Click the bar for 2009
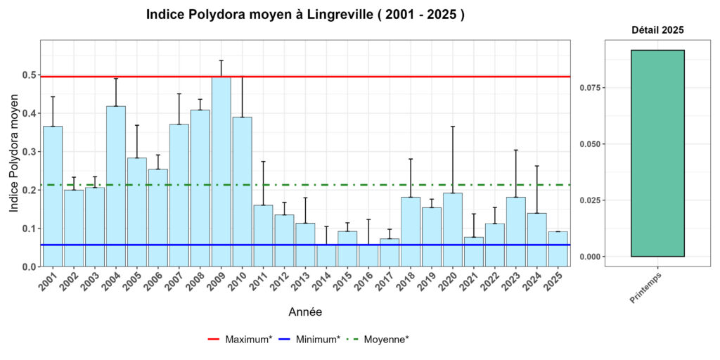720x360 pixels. [x=221, y=172]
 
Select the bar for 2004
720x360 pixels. [x=116, y=186]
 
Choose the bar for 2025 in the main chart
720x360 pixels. [x=558, y=249]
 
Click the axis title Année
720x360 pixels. [x=305, y=311]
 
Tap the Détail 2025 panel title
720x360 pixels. [x=657, y=31]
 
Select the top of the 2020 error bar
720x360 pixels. [x=453, y=127]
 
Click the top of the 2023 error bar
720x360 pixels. [x=516, y=150]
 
